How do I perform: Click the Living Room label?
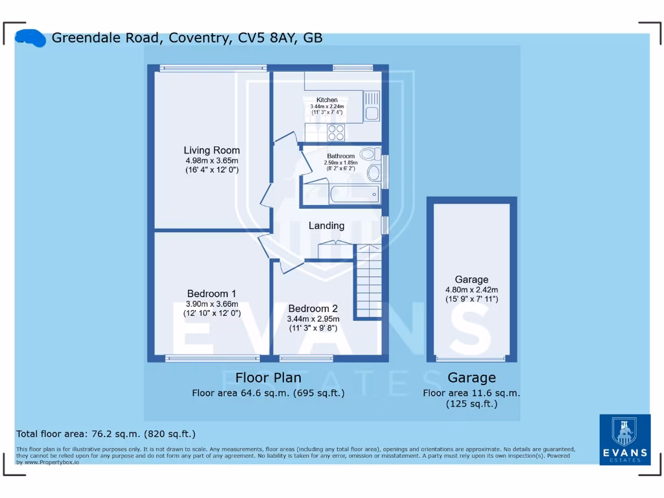point(211,150)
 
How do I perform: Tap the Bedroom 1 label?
point(211,293)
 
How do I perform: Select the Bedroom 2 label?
point(313,308)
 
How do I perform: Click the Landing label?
point(326,226)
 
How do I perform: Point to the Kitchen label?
point(327,100)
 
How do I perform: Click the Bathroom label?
point(340,156)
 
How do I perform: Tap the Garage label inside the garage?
point(471,279)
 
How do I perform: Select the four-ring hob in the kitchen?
point(336,132)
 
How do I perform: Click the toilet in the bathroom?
point(370,154)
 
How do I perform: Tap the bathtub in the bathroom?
point(353,194)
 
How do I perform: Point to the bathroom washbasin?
point(373,173)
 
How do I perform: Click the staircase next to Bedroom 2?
point(368,282)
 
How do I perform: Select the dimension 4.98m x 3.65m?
point(211,161)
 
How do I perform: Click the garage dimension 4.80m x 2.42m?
point(471,290)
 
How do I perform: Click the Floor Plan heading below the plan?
point(268,377)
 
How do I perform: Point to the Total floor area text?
point(105,434)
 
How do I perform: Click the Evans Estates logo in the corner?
point(624,440)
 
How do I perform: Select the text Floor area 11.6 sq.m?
point(471,393)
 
